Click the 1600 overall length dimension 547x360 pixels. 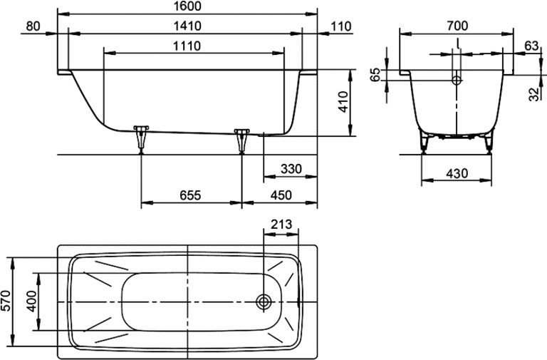click(187, 6)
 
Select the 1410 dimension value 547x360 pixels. click(187, 26)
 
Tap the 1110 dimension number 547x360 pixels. click(187, 46)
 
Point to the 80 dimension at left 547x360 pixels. click(33, 26)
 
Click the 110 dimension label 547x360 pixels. click(341, 26)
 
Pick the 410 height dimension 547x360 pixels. click(343, 102)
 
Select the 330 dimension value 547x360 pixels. click(291, 169)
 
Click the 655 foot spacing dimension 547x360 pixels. click(190, 195)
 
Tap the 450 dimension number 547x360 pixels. click(281, 195)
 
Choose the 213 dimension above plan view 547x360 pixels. click(281, 224)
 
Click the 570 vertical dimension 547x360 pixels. click(6, 301)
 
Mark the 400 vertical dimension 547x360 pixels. click(31, 301)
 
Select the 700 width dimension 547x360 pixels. click(457, 26)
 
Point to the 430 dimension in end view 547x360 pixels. click(457, 173)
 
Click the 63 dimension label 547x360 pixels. click(531, 46)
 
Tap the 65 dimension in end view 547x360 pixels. click(376, 75)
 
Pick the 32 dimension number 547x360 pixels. click(533, 94)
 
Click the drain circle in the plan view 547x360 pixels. click(264, 302)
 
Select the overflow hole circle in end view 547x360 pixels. click(457, 81)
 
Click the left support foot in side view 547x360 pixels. click(141, 139)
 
